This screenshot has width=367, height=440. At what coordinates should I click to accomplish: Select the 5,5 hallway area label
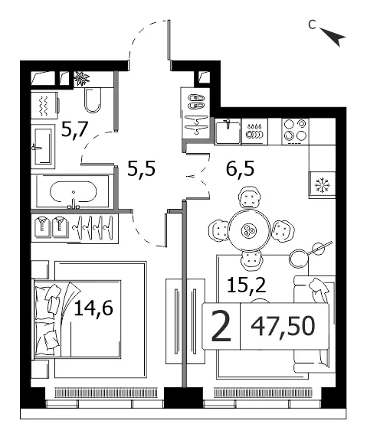pos(141,169)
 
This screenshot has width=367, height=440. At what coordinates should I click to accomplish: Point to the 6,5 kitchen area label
pos(241,168)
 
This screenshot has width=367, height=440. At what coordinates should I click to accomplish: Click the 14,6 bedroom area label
pos(93,308)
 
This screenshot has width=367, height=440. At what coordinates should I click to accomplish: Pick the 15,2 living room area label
pos(247,285)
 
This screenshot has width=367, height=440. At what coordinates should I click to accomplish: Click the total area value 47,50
pos(283,326)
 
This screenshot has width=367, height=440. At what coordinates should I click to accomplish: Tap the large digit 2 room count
pos(221,326)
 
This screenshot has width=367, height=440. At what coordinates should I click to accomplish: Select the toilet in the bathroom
pos(93,100)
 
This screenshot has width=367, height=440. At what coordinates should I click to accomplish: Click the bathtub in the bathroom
pos(73,192)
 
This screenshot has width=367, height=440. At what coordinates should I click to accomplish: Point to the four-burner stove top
pos(295,132)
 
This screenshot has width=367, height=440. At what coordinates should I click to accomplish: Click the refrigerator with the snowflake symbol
pos(322,185)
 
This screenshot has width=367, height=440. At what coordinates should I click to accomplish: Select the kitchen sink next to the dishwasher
pos(228,132)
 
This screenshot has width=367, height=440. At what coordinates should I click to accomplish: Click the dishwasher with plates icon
pos(254,132)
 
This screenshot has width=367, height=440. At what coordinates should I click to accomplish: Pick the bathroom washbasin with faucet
pos(43,146)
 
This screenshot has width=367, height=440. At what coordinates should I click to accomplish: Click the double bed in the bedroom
pos(77,319)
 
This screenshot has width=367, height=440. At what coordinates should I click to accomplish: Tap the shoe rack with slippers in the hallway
pos(195,102)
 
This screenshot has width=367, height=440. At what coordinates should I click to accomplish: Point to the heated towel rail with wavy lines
pos(44,106)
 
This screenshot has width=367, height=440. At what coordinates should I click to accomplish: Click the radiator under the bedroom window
pos(106,393)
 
